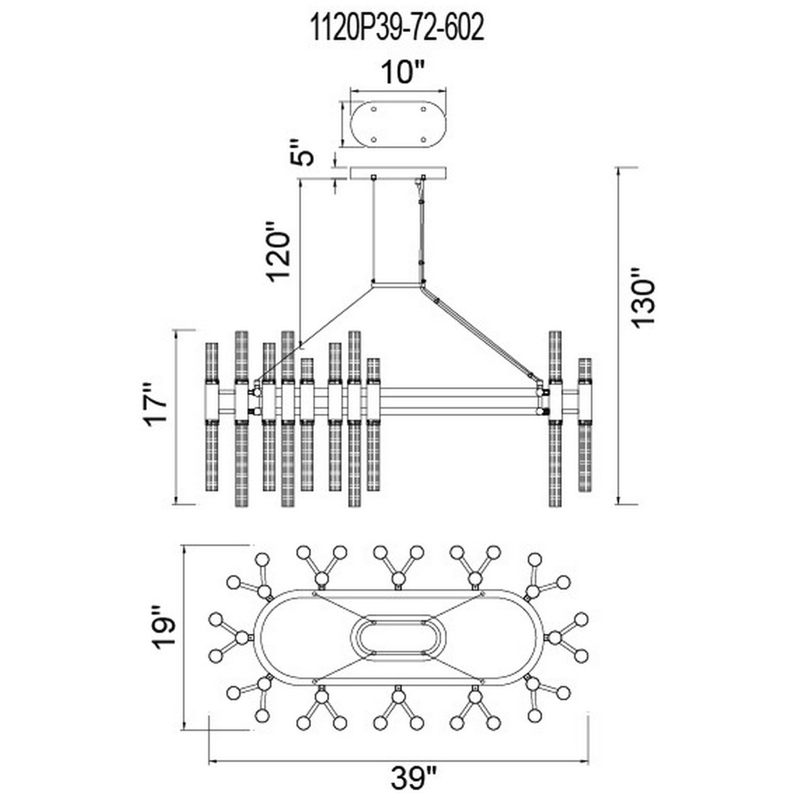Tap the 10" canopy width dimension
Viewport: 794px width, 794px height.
coord(397,73)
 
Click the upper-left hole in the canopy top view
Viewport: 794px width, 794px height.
coord(373,110)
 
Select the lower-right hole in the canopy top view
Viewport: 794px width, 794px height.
coord(423,139)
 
